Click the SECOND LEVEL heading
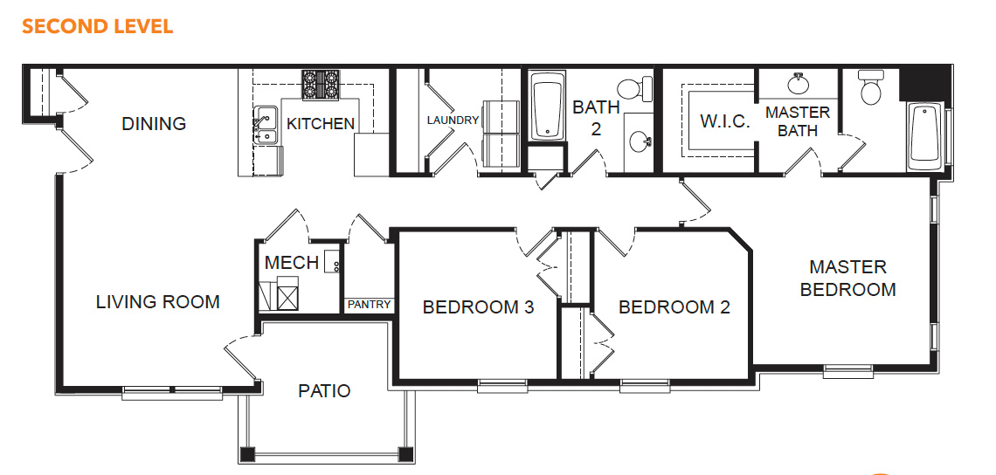pyautogui.click(x=97, y=27)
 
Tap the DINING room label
pyautogui.click(x=154, y=123)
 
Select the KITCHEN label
pyautogui.click(x=320, y=123)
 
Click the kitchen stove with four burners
pyautogui.click(x=320, y=85)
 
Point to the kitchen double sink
pyautogui.click(x=266, y=126)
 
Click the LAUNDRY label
pyautogui.click(x=453, y=120)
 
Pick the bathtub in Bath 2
pyautogui.click(x=548, y=106)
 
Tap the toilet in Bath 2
pyautogui.click(x=635, y=87)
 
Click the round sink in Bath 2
pyautogui.click(x=640, y=141)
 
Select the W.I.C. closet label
pyautogui.click(x=725, y=121)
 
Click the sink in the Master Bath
pyautogui.click(x=797, y=83)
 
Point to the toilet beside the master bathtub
pyautogui.click(x=871, y=87)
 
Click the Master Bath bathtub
pyautogui.click(x=926, y=138)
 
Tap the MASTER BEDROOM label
pyautogui.click(x=848, y=279)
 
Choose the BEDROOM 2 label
pyautogui.click(x=674, y=307)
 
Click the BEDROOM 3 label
pyautogui.click(x=478, y=307)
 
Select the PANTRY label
pyautogui.click(x=369, y=305)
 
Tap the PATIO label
pyautogui.click(x=324, y=390)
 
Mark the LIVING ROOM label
pyautogui.click(x=158, y=301)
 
